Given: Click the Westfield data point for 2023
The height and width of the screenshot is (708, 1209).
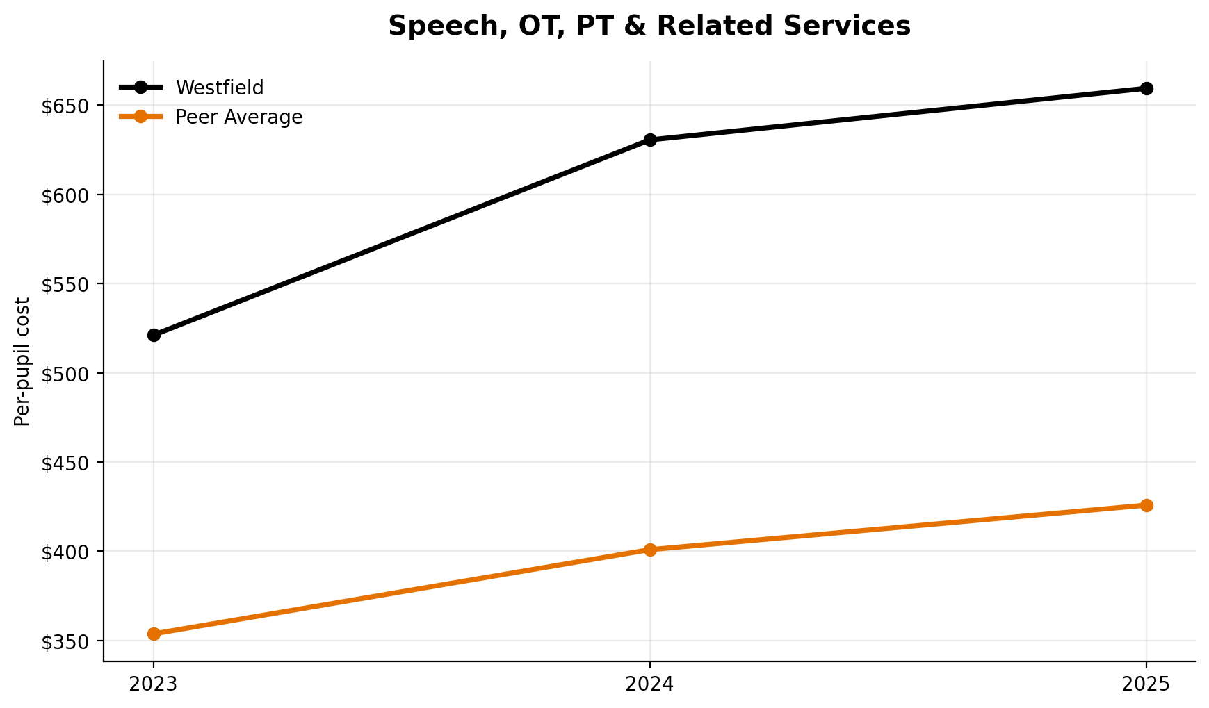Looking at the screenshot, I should pyautogui.click(x=154, y=335).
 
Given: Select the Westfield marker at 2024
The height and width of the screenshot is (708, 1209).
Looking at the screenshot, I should pyautogui.click(x=650, y=140).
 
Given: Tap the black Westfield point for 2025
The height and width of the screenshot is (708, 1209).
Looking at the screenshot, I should pyautogui.click(x=1146, y=88).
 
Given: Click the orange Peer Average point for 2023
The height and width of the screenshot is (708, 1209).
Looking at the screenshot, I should pyautogui.click(x=154, y=634).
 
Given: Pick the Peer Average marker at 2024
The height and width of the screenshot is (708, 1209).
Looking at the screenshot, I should pyautogui.click(x=650, y=550).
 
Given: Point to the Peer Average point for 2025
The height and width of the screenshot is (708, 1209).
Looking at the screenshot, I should pyautogui.click(x=1146, y=505).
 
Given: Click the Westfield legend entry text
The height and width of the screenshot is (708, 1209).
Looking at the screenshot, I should pyautogui.click(x=220, y=88).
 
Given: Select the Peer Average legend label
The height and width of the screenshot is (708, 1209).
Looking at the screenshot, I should pyautogui.click(x=238, y=117).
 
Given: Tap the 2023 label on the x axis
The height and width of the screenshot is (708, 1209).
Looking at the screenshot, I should pyautogui.click(x=154, y=684).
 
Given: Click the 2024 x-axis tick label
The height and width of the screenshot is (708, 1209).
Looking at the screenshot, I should pyautogui.click(x=650, y=684).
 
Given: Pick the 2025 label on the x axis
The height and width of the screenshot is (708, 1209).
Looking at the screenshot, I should pyautogui.click(x=1146, y=684).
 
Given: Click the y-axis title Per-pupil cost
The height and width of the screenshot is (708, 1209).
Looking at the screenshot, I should pyautogui.click(x=22, y=361).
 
